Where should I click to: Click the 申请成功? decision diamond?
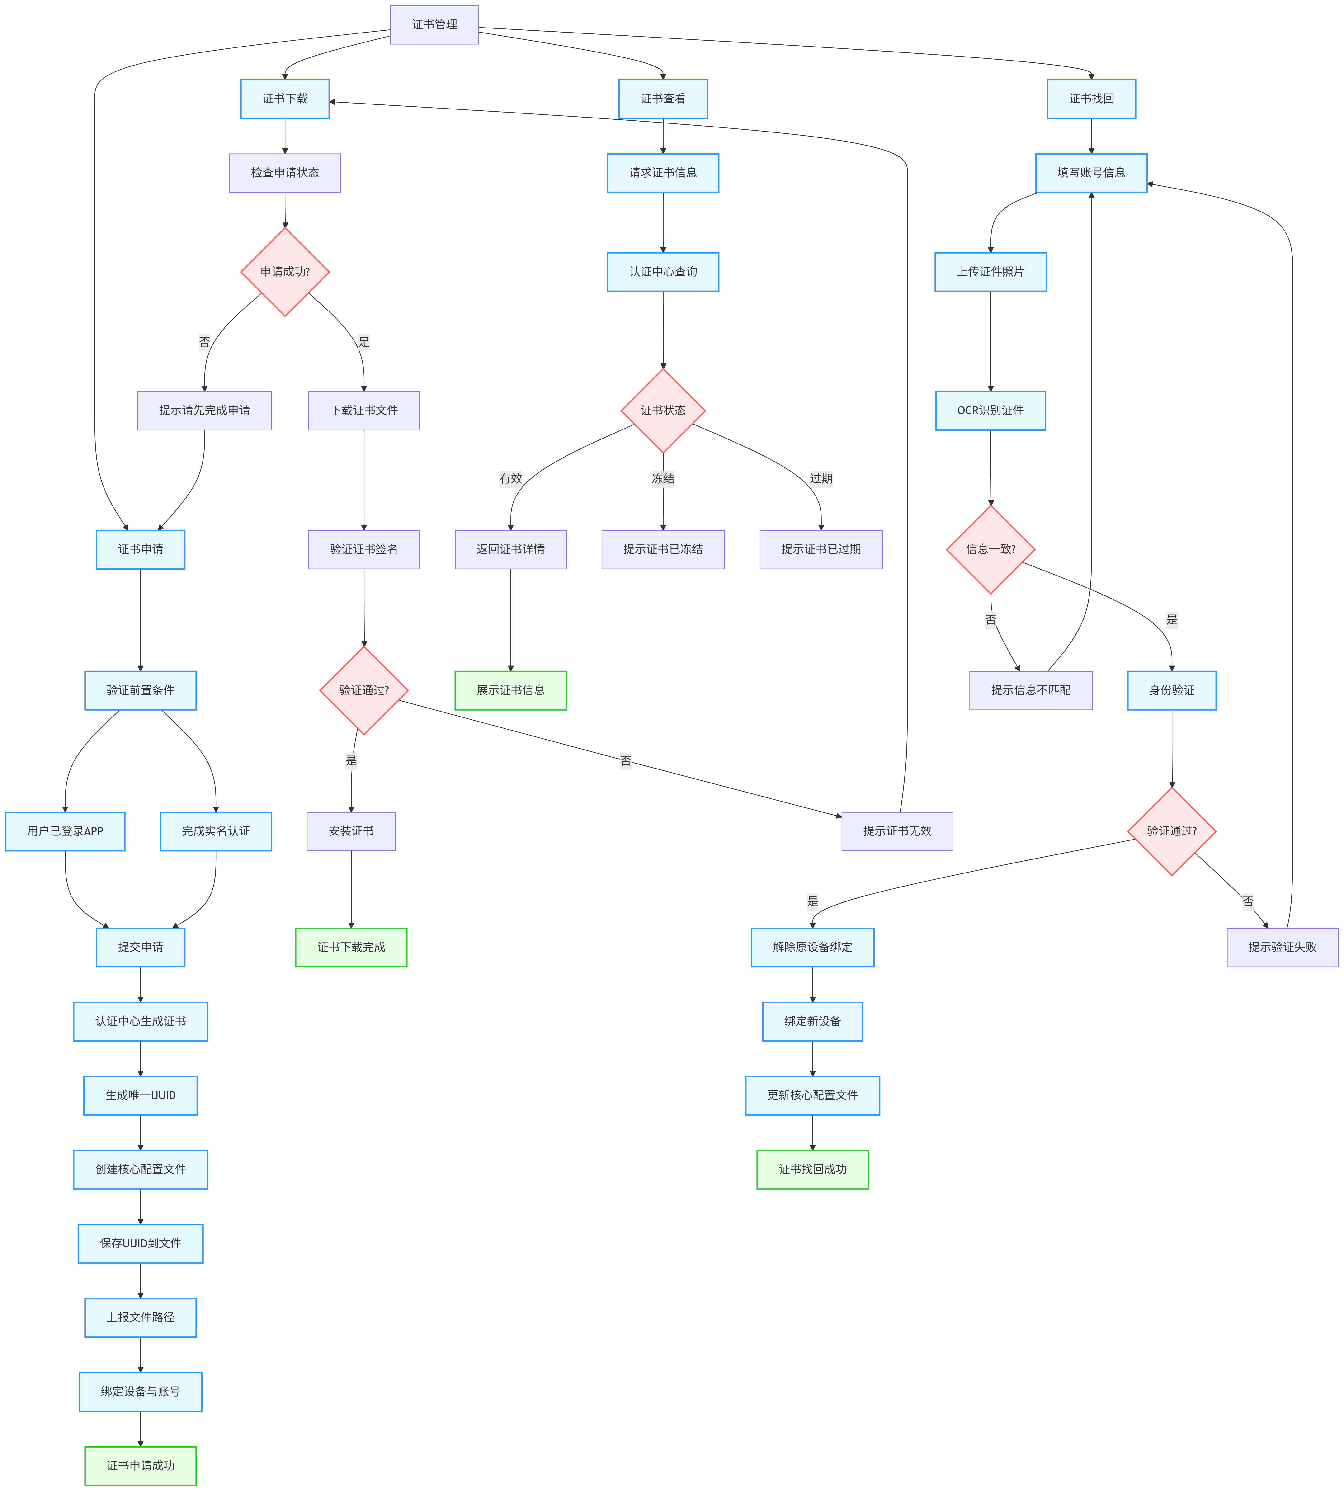coord(285,272)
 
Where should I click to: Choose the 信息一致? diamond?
coord(990,549)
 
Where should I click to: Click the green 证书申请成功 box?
coord(140,1465)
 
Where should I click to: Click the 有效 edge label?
coord(510,479)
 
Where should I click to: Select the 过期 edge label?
coord(821,479)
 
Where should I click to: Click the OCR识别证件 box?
coord(990,410)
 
